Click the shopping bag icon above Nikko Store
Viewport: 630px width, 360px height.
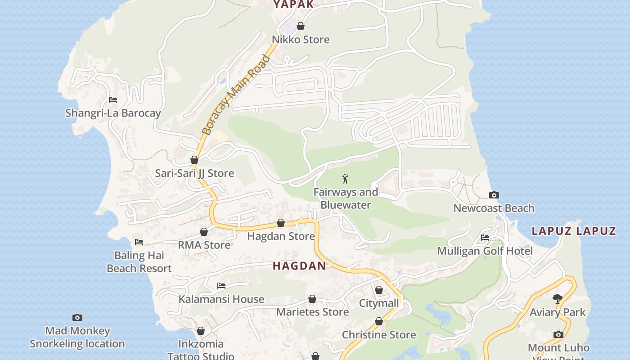(x=301, y=27)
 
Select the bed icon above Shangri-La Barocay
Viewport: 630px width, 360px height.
(x=113, y=100)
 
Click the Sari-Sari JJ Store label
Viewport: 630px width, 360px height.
(x=194, y=173)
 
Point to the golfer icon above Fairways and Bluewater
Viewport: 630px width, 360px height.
(x=345, y=179)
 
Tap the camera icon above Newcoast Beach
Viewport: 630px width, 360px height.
(x=494, y=195)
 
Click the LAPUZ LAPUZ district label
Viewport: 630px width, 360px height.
(x=573, y=231)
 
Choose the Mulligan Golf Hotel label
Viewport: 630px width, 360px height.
(x=485, y=251)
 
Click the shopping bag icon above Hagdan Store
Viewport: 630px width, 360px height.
(x=281, y=223)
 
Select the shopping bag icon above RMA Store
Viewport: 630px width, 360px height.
(x=204, y=232)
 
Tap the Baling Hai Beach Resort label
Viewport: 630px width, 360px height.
(x=139, y=262)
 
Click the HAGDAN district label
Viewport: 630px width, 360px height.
(x=299, y=266)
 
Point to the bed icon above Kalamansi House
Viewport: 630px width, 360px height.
(x=221, y=286)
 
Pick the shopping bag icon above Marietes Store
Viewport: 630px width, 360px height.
(x=312, y=299)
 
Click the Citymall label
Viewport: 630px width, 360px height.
(x=379, y=303)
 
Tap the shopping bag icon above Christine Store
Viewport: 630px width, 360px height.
(x=379, y=321)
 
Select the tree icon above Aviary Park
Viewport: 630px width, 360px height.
(x=558, y=298)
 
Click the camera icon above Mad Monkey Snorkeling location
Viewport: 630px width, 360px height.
(x=77, y=317)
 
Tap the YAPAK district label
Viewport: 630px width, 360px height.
(x=293, y=5)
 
